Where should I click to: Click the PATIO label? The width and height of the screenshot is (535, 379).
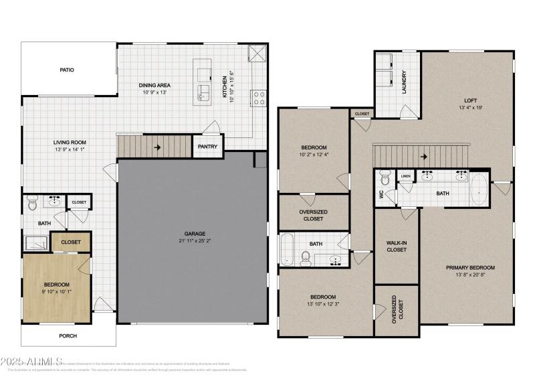click(66, 70)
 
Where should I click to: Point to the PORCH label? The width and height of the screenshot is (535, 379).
click(68, 335)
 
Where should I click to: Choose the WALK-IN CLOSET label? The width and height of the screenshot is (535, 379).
click(397, 246)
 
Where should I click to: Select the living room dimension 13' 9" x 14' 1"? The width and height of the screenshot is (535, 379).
click(70, 151)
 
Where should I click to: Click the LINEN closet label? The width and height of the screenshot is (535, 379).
click(405, 176)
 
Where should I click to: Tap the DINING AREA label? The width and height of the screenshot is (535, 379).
click(154, 85)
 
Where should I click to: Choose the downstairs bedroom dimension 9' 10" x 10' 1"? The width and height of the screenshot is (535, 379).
click(57, 292)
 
